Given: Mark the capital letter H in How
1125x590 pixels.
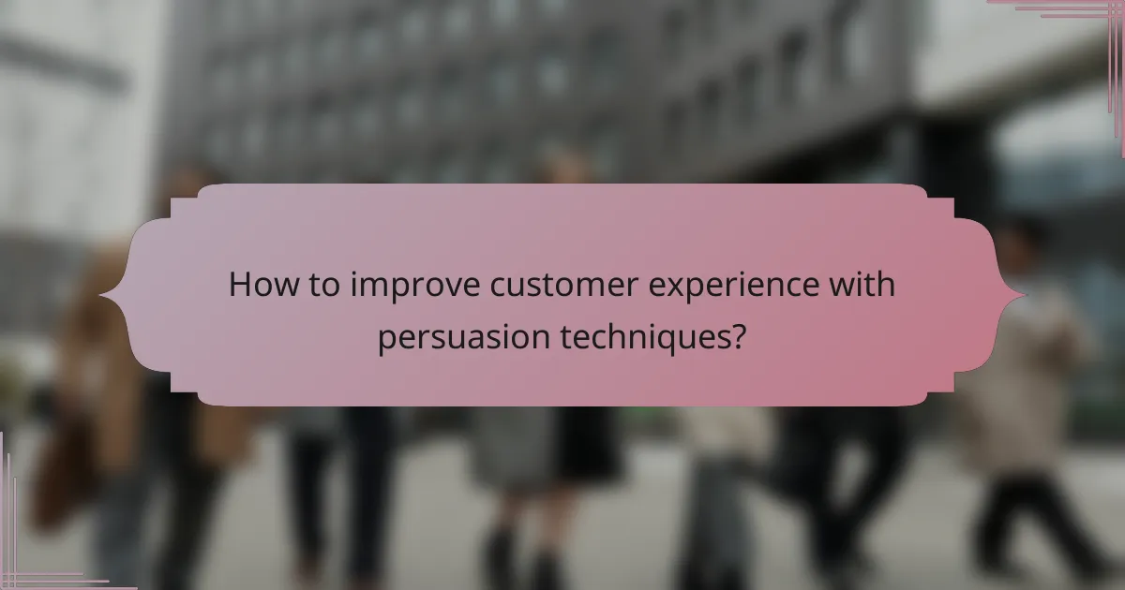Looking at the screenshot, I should pyautogui.click(x=240, y=286).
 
